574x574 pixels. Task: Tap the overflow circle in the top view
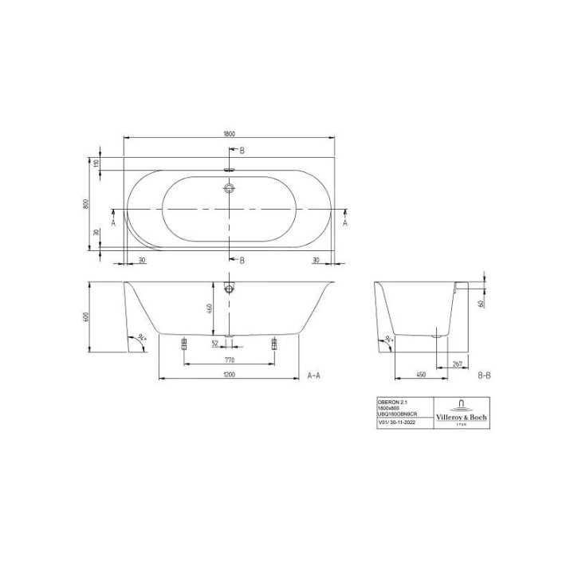click(x=231, y=188)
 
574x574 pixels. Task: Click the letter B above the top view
click(x=243, y=151)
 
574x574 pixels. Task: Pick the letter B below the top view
click(x=242, y=260)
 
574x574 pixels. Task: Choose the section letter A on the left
click(x=114, y=224)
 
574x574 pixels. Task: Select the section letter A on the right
click(x=345, y=224)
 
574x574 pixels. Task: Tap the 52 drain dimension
click(x=214, y=344)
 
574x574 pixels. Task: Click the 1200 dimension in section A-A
click(x=230, y=373)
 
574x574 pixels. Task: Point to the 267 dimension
click(x=457, y=364)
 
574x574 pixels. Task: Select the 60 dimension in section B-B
click(x=481, y=303)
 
